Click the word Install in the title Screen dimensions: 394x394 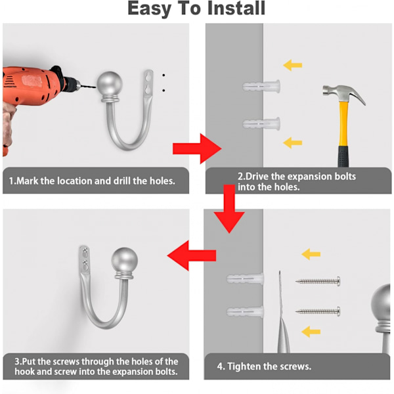(236, 8)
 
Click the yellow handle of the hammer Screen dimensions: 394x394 (343, 123)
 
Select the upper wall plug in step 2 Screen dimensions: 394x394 (261, 87)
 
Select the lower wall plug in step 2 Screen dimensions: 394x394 (261, 123)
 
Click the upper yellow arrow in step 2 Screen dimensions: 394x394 (292, 65)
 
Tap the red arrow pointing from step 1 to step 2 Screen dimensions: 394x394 (197, 148)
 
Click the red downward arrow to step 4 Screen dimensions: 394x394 (229, 209)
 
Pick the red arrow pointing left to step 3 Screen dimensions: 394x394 (192, 255)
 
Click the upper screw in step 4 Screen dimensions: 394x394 (318, 281)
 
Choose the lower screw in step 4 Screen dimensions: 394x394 (318, 311)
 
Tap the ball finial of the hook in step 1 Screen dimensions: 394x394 (110, 83)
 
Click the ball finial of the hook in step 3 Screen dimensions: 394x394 (125, 259)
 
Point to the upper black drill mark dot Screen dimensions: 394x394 (164, 75)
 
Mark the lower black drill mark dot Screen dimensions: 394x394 (164, 91)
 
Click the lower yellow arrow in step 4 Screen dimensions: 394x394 (311, 332)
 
